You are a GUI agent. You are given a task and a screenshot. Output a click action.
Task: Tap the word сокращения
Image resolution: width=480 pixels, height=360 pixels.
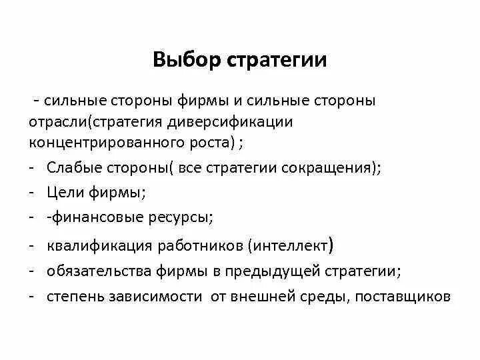tap(335, 169)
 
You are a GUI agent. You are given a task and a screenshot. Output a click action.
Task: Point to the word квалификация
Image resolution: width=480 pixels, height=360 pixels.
tap(99, 245)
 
